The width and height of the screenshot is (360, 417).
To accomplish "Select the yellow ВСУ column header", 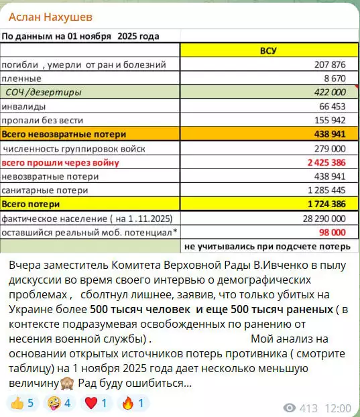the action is coord(268,50).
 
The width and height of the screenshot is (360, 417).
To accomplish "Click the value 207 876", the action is coord(330,64).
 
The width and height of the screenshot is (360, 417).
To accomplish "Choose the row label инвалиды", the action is coord(23,106).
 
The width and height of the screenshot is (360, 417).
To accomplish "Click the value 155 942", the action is coord(330,120).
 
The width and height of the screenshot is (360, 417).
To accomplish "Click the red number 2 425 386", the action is coord(326,162).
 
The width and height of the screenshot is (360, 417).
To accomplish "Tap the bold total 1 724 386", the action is coord(326,204).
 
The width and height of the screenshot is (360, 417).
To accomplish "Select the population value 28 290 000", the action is coord(324,219).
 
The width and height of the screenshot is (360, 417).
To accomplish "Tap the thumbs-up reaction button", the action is coord(23,403).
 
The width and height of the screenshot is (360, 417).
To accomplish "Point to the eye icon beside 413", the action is coord(290,408).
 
